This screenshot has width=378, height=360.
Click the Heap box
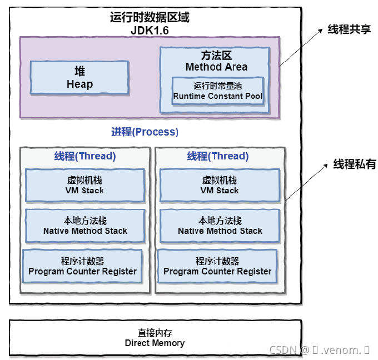click(x=79, y=78)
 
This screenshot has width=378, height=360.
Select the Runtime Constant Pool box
click(x=217, y=91)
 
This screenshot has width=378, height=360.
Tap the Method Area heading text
click(x=216, y=61)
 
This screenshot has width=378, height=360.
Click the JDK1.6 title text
click(x=150, y=30)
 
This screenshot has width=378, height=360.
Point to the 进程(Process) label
click(x=145, y=132)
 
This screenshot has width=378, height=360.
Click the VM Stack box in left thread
click(x=85, y=185)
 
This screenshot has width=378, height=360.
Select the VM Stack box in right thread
click(x=220, y=185)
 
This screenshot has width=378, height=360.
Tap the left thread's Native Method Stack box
click(x=85, y=226)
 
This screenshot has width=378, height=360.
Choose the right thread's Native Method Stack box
click(x=220, y=226)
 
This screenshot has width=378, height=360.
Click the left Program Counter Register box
click(x=82, y=266)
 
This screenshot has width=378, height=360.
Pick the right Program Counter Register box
click(x=217, y=266)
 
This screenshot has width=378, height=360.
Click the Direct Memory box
click(x=155, y=338)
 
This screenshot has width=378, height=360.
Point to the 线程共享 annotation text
click(x=349, y=29)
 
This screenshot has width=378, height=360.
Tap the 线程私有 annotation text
click(x=354, y=164)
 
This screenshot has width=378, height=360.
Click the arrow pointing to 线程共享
click(x=300, y=47)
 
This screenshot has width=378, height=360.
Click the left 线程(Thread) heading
click(x=85, y=156)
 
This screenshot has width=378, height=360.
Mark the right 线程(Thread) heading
click(x=218, y=156)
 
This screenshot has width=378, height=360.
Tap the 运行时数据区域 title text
click(x=150, y=17)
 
